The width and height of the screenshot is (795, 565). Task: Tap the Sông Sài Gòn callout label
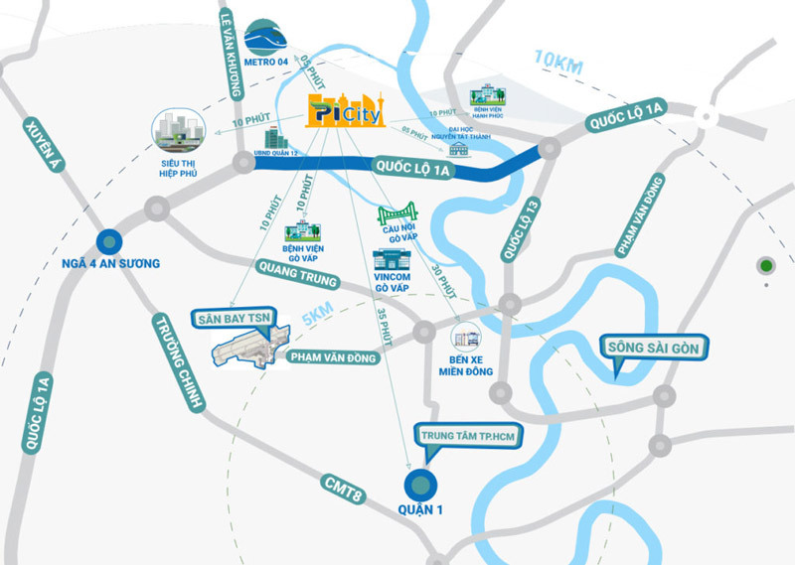coord(651,349)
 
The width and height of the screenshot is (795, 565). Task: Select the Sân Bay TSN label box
coord(233,319)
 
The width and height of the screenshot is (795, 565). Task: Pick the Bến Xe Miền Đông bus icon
coord(465,338)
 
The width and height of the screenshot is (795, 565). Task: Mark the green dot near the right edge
coord(765,266)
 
